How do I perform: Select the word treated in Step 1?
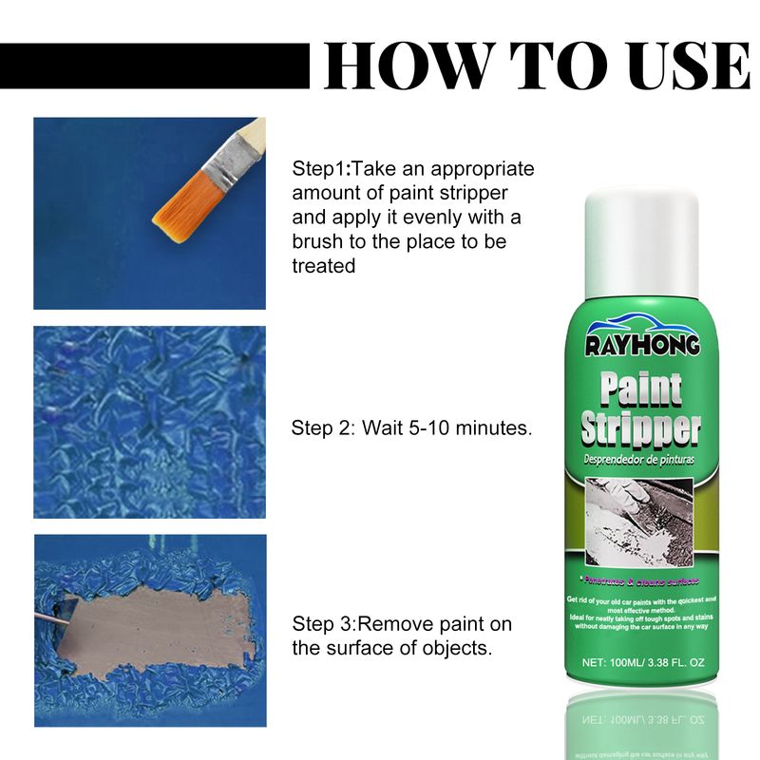pos(324,267)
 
